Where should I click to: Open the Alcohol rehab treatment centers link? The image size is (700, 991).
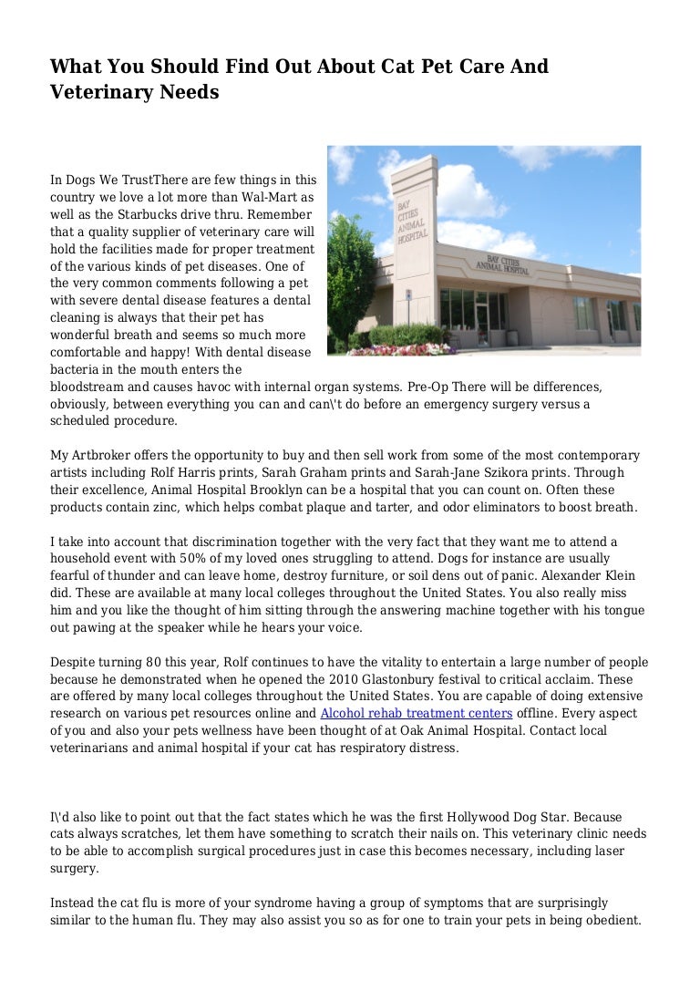click(x=416, y=714)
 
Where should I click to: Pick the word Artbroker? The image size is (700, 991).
click(x=106, y=455)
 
